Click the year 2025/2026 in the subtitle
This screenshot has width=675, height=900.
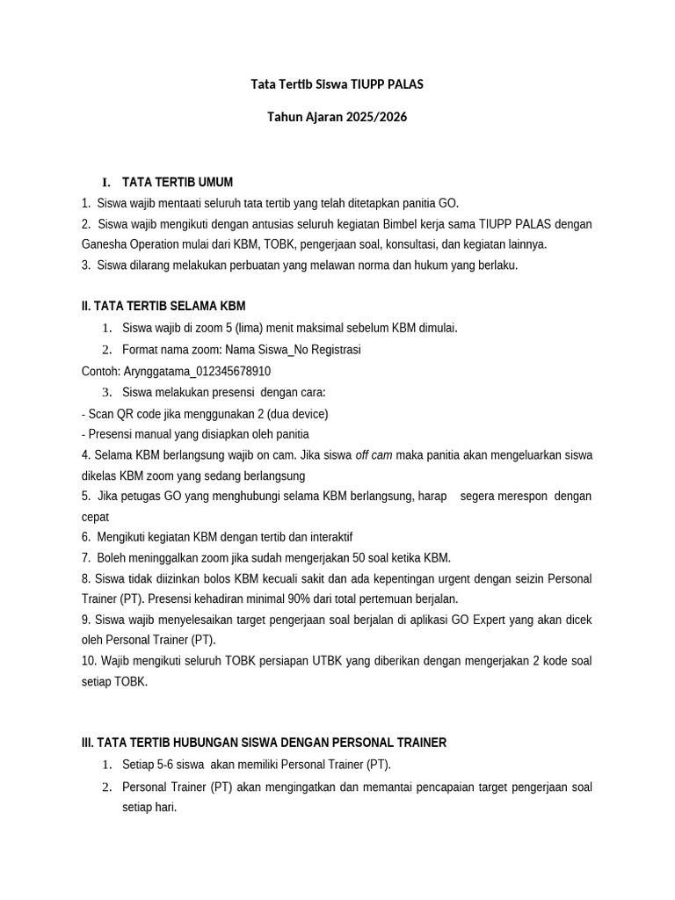377,116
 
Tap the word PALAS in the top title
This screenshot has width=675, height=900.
403,84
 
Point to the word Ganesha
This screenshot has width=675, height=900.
105,244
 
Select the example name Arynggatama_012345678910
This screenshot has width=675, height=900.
197,371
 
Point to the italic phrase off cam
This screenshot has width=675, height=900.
374,454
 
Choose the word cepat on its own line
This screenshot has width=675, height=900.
95,517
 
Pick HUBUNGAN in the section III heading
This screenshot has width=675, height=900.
207,743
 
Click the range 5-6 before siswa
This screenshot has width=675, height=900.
163,764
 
